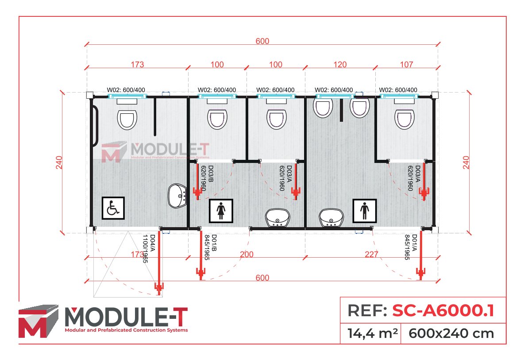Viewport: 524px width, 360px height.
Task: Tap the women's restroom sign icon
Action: pyautogui.click(x=221, y=211)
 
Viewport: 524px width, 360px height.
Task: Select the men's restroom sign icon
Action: pyautogui.click(x=364, y=210)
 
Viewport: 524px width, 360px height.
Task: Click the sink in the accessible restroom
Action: pyautogui.click(x=178, y=196)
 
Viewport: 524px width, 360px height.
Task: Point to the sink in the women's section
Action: pyautogui.click(x=277, y=218)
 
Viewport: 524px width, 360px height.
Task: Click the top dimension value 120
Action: pyautogui.click(x=340, y=65)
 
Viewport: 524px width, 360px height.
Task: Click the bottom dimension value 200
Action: pyautogui.click(x=247, y=255)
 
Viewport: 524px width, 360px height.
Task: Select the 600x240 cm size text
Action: pyautogui.click(x=451, y=333)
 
